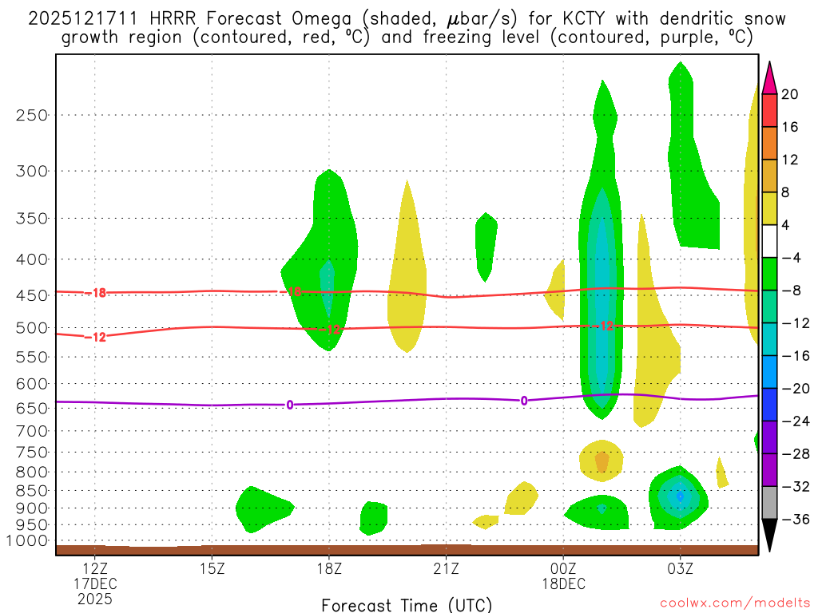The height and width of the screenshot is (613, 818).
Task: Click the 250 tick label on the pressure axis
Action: [31, 115]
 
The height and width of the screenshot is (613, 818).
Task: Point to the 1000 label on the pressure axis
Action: [27, 541]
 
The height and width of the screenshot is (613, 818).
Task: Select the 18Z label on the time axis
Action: [329, 570]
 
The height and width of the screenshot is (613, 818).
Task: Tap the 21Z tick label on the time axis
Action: [446, 570]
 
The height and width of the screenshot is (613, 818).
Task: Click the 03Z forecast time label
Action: [680, 570]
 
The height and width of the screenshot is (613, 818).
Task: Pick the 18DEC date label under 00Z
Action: [564, 583]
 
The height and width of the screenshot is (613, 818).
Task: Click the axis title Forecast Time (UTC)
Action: [407, 604]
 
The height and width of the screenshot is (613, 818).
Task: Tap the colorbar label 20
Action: [790, 94]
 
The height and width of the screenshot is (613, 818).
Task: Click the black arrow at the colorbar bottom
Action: [769, 536]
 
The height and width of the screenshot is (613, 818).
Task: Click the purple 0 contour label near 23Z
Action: [524, 401]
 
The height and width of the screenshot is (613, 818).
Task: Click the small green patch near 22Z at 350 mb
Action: [486, 243]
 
